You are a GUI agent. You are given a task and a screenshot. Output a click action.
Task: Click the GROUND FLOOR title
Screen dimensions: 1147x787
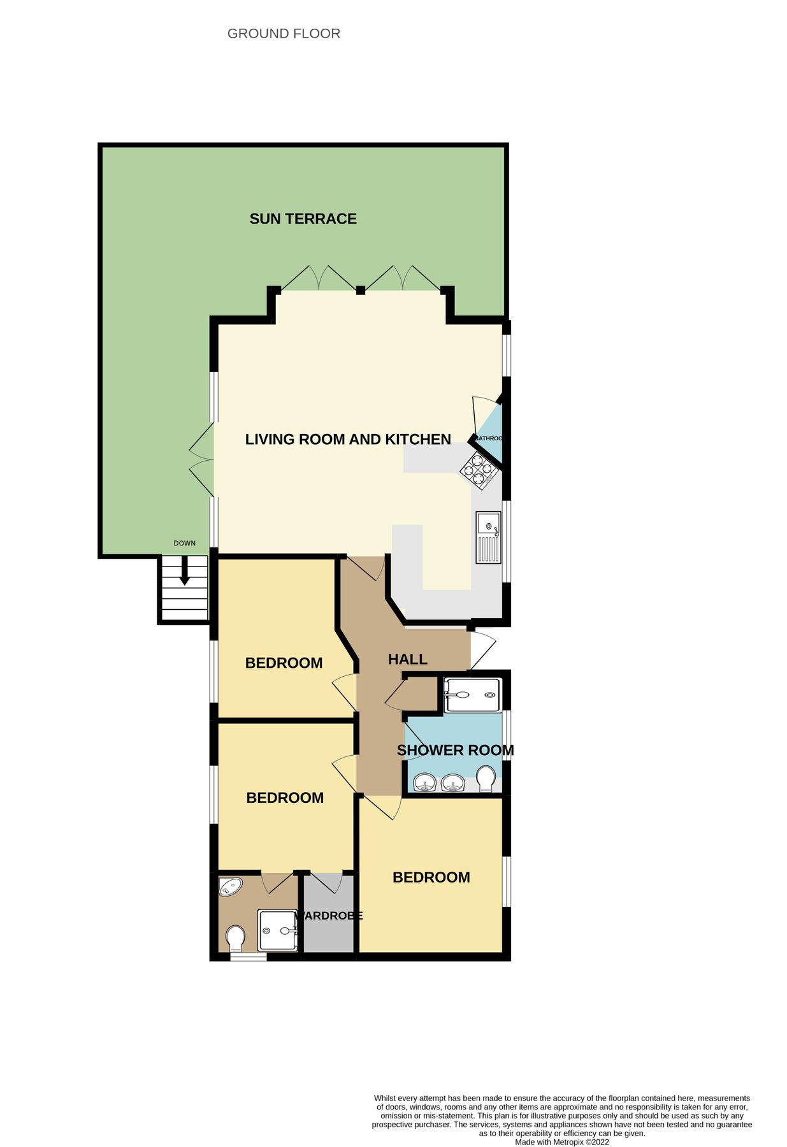click(284, 34)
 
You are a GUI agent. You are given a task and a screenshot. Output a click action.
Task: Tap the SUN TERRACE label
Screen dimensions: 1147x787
click(303, 219)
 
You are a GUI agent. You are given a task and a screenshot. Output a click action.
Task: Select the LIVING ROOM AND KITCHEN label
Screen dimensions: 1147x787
click(348, 439)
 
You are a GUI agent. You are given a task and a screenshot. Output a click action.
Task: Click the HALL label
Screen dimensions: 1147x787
click(407, 660)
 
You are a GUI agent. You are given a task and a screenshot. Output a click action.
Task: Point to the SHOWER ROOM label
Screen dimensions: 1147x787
click(455, 750)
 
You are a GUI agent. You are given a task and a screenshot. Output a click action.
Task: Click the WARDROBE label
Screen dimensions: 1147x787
click(329, 916)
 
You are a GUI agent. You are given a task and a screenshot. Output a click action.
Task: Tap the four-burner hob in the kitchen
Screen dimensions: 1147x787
click(479, 471)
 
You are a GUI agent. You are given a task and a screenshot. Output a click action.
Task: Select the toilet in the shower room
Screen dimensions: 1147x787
click(486, 779)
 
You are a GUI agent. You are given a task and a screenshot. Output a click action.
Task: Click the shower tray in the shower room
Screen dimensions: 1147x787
click(472, 695)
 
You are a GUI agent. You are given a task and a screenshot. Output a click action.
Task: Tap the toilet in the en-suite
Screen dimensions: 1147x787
click(236, 938)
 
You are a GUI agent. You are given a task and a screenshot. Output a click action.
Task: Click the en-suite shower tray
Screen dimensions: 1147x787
click(277, 930)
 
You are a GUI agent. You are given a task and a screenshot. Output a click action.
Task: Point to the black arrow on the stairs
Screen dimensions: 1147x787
click(184, 572)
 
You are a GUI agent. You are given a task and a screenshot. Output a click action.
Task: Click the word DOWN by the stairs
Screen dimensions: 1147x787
click(185, 544)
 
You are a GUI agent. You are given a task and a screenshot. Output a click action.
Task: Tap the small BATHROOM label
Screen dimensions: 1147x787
click(489, 438)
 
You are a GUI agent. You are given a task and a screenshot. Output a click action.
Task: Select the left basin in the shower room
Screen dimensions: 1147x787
click(424, 782)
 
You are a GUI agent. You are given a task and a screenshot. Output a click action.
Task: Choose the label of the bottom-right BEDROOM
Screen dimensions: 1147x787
click(431, 877)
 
